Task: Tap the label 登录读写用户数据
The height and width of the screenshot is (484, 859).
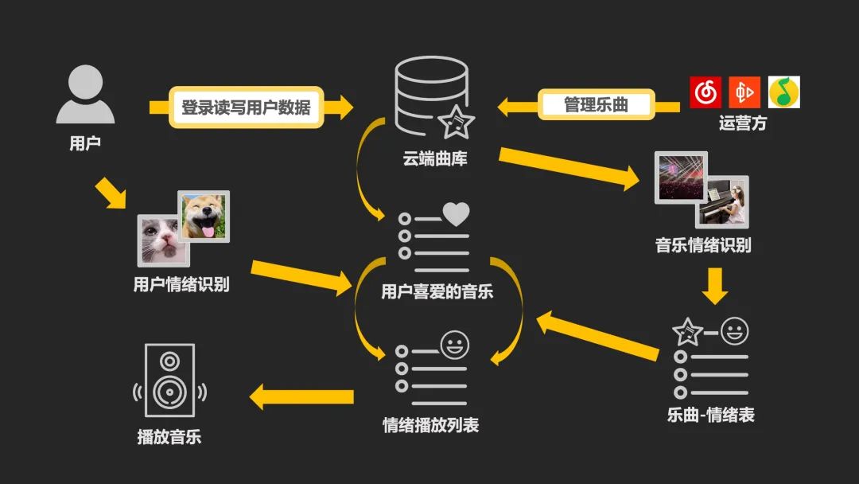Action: (x=246, y=107)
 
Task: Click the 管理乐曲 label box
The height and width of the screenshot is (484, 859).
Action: (x=596, y=104)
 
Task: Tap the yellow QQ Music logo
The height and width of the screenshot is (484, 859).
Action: (x=783, y=92)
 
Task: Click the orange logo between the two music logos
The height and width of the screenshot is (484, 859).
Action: (x=744, y=92)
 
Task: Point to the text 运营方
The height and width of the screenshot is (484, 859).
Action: (x=742, y=124)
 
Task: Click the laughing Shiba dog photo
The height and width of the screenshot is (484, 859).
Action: (x=204, y=216)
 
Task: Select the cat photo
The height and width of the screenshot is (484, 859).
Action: (x=162, y=239)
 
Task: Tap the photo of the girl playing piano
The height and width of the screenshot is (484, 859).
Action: (x=723, y=201)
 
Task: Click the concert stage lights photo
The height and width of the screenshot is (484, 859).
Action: (x=680, y=178)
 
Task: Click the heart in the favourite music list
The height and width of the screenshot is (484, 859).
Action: (x=456, y=215)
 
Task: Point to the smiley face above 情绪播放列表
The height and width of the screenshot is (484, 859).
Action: (x=455, y=346)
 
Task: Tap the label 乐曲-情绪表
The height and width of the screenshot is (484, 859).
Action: (x=710, y=415)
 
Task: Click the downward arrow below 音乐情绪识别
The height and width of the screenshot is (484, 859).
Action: (x=714, y=286)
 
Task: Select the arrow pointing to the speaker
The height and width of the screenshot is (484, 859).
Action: (x=302, y=396)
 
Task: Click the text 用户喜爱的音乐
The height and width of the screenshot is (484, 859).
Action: (x=437, y=292)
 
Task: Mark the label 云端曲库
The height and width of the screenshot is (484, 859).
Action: (x=434, y=158)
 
